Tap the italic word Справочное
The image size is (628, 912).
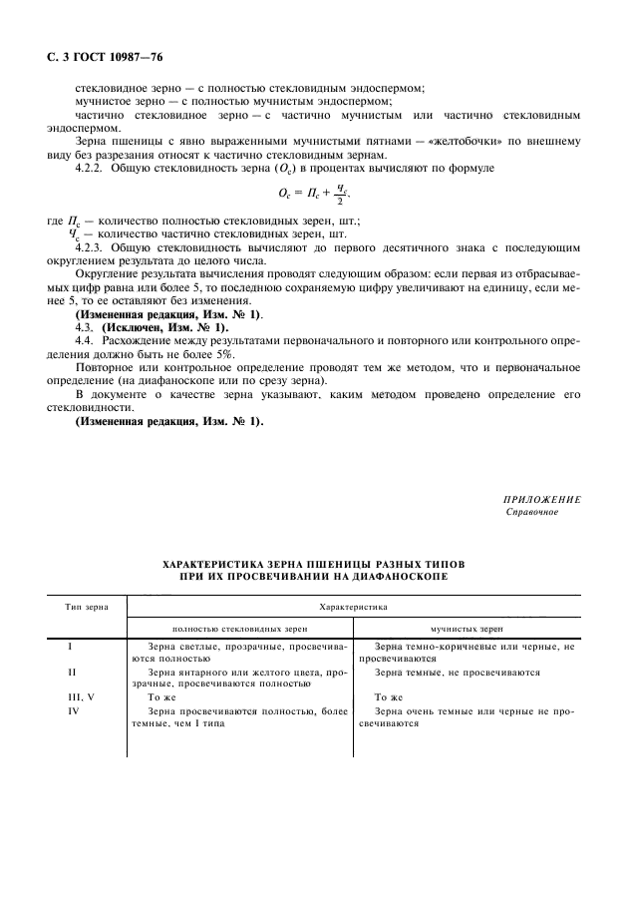coord(532,512)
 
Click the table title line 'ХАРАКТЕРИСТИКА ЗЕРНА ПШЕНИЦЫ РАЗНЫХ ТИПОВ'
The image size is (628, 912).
coord(314,564)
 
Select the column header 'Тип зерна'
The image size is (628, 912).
coord(88,606)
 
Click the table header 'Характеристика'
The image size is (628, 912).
coord(353,606)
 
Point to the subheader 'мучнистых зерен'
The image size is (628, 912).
coord(466,630)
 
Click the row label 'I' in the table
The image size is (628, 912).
coord(70,648)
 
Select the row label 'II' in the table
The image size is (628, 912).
coord(72,673)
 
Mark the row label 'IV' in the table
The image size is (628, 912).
coord(73,710)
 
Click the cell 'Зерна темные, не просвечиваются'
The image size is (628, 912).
coord(457,673)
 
